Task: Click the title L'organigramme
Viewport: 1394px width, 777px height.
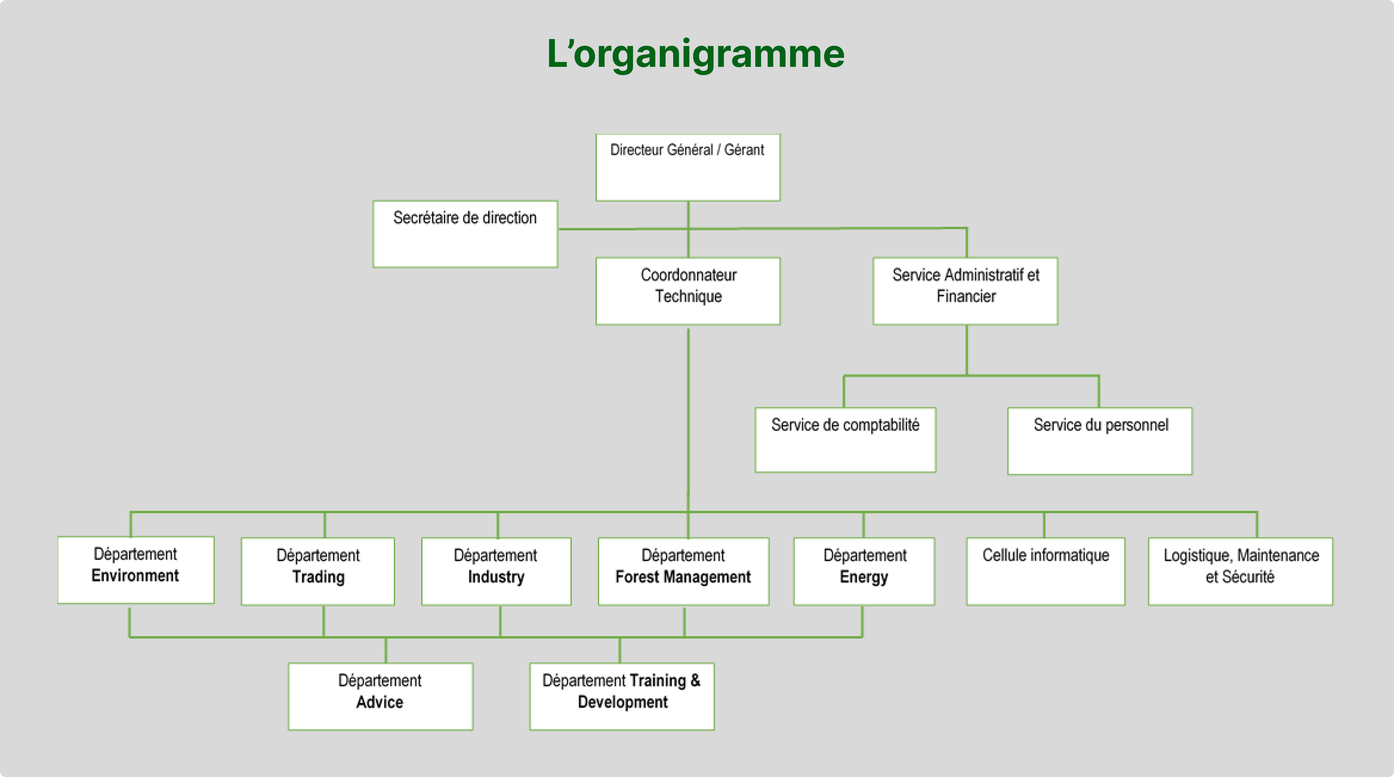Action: (x=696, y=54)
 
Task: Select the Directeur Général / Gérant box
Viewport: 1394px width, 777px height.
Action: (x=688, y=168)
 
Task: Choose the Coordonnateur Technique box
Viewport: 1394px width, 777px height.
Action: (x=688, y=291)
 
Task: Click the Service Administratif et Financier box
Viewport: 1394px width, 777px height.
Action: (x=966, y=291)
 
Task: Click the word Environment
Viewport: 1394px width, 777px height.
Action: (x=135, y=576)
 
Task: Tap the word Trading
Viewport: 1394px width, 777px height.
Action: (x=318, y=577)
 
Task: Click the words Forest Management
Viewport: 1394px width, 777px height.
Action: (x=683, y=577)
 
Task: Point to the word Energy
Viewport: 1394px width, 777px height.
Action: (x=864, y=577)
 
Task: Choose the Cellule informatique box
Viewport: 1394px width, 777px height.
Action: (x=1045, y=571)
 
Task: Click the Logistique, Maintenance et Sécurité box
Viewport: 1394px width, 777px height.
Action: (x=1240, y=571)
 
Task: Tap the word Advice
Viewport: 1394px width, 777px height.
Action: (x=379, y=702)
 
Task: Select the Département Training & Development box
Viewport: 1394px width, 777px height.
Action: (x=622, y=696)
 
